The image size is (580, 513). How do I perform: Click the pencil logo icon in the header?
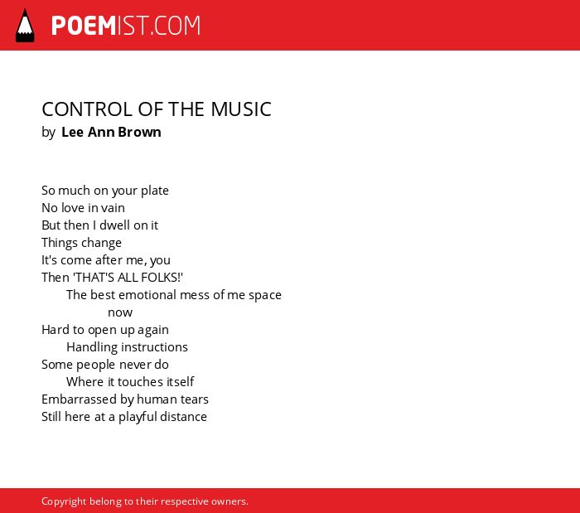[x=25, y=26]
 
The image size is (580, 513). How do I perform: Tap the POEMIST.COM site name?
[x=126, y=26]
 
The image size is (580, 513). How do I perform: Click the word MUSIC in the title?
[x=241, y=109]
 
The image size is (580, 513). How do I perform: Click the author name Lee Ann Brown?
[x=111, y=132]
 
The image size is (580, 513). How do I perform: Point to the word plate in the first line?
[x=155, y=191]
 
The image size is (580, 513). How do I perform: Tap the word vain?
[x=113, y=208]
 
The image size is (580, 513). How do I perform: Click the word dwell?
[x=114, y=225]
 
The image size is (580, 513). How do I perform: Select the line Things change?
[x=81, y=243]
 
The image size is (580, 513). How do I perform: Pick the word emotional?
[x=147, y=295]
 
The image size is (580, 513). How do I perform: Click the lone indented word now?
[x=120, y=313]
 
